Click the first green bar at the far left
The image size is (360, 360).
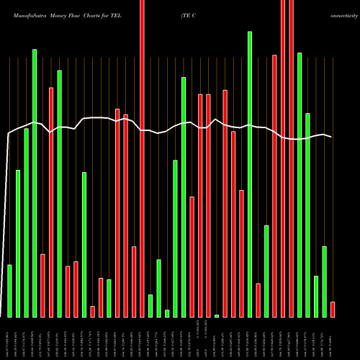pyautogui.click(x=9, y=291)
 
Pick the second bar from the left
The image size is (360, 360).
pyautogui.click(x=18, y=243)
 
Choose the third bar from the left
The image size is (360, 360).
pyautogui.click(x=26, y=222)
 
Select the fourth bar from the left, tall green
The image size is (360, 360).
pyautogui.click(x=35, y=183)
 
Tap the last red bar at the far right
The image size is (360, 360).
pyautogui.click(x=333, y=309)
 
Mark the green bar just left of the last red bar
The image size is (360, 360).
pyautogui.click(x=324, y=282)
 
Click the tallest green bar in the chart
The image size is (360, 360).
pyautogui.click(x=250, y=174)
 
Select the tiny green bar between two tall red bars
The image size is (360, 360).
pyautogui.click(x=217, y=315)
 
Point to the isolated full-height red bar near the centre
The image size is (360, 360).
pyautogui.click(x=142, y=158)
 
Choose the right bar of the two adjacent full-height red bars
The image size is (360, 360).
pyautogui.click(x=291, y=158)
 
